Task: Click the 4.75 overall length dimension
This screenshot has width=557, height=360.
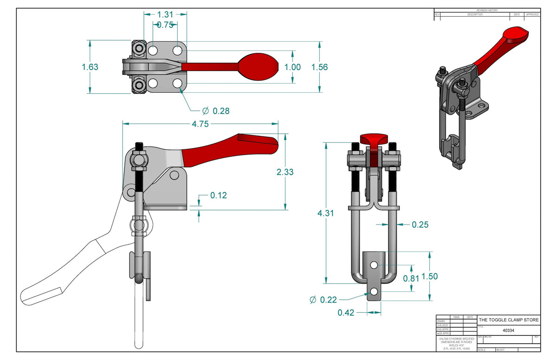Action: [201, 124]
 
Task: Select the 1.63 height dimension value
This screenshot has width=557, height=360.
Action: [90, 67]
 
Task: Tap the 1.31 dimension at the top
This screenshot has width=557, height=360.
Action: [165, 14]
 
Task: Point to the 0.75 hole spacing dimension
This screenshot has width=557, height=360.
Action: [165, 25]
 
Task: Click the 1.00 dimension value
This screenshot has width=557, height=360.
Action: [292, 67]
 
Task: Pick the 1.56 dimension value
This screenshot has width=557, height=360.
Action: [319, 67]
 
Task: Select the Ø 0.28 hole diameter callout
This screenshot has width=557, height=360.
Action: [216, 111]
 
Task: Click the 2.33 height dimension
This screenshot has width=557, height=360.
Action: [285, 172]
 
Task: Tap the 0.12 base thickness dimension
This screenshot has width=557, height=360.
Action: [219, 195]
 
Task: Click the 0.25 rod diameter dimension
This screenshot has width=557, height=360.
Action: [420, 225]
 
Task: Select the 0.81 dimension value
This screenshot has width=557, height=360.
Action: [411, 278]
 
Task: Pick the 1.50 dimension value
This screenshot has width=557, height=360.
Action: [429, 276]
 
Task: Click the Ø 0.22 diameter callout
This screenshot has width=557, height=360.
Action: [323, 300]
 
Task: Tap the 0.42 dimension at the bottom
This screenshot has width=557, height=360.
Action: [346, 313]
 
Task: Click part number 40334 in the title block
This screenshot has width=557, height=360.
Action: [508, 331]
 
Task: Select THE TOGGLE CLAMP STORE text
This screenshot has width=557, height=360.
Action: [508, 320]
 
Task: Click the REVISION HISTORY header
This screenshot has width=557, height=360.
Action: [487, 10]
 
